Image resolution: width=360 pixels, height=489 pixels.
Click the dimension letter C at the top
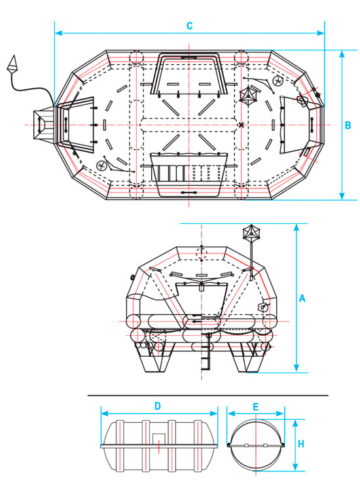[189, 26]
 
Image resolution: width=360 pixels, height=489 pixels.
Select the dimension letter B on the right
[348, 126]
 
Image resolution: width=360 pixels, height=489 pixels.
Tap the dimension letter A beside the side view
[302, 299]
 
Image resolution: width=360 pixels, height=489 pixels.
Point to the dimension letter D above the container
[158, 406]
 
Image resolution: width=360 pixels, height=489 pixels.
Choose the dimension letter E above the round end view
[255, 407]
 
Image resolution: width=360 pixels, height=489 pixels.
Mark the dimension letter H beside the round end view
[300, 444]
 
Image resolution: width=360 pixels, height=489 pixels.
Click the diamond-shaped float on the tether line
[12, 64]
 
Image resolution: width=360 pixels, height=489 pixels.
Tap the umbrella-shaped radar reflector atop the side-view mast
[251, 232]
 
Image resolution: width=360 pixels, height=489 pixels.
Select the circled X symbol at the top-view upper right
[278, 81]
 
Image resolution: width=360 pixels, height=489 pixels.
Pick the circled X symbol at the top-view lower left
[101, 166]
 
